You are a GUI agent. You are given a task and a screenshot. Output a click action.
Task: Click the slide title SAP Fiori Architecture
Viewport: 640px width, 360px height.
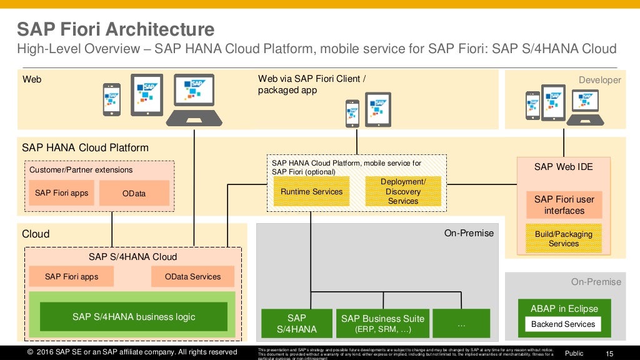(x=115, y=29)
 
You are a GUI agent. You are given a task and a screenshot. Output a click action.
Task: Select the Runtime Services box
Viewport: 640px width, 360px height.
(x=311, y=191)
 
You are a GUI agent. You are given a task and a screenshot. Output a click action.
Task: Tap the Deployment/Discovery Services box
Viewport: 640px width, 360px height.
(x=403, y=191)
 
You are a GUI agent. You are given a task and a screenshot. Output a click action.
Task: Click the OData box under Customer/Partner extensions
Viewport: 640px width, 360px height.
(x=134, y=193)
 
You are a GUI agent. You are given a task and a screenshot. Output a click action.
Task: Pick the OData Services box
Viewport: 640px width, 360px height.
(x=192, y=276)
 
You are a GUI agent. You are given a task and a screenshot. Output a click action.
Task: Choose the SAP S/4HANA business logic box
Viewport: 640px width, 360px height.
(x=134, y=317)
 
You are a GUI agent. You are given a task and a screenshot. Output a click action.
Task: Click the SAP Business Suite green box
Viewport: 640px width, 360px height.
(x=382, y=323)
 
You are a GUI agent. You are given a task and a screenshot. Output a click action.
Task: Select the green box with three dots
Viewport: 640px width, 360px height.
(x=461, y=323)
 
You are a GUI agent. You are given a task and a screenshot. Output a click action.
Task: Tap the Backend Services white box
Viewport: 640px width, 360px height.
(x=563, y=324)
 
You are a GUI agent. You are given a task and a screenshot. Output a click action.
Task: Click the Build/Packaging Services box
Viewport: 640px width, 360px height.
(x=564, y=238)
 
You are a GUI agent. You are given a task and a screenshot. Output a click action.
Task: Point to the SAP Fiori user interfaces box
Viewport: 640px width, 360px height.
(x=564, y=205)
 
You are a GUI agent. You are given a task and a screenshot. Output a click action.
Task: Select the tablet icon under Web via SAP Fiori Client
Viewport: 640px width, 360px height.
(x=377, y=109)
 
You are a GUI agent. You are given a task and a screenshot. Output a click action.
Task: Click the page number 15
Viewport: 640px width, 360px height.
(x=609, y=353)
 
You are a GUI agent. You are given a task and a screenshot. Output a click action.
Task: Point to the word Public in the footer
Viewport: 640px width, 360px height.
(x=574, y=353)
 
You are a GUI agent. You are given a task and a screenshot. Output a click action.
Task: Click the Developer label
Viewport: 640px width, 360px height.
(x=599, y=80)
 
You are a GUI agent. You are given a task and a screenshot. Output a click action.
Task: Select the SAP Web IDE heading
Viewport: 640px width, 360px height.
(x=563, y=167)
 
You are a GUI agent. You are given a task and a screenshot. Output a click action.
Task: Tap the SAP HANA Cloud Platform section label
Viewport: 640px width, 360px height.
(x=85, y=148)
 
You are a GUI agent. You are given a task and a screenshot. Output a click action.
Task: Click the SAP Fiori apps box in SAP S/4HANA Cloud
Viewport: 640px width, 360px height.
(x=71, y=276)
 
